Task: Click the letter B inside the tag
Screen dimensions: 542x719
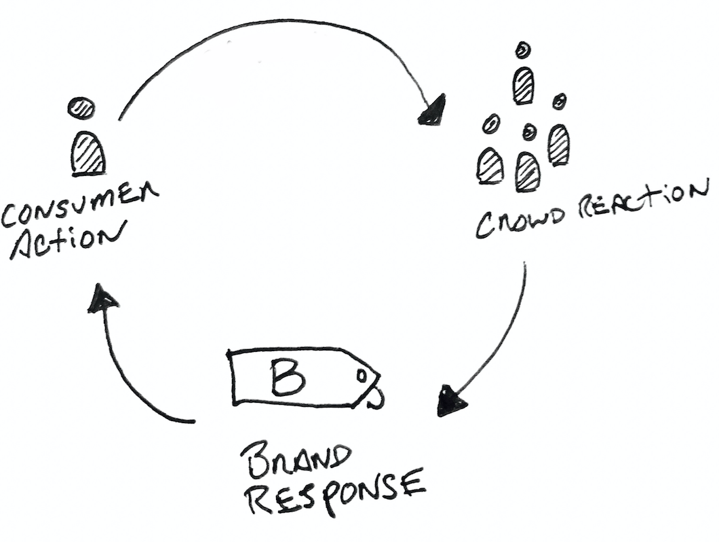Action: pyautogui.click(x=288, y=378)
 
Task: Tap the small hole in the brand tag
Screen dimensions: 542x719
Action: pyautogui.click(x=363, y=375)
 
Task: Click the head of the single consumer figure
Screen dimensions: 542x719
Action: pyautogui.click(x=81, y=108)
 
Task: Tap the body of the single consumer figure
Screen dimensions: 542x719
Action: pyautogui.click(x=88, y=154)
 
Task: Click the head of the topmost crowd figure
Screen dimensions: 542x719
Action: pyautogui.click(x=522, y=50)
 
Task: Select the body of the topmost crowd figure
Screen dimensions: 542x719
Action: pyautogui.click(x=523, y=86)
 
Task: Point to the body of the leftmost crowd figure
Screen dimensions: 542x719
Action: pyautogui.click(x=490, y=166)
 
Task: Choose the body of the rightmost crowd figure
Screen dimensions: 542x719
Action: pyautogui.click(x=558, y=145)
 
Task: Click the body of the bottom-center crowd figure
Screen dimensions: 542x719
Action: pyautogui.click(x=527, y=172)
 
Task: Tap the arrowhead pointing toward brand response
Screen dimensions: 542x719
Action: pyautogui.click(x=450, y=402)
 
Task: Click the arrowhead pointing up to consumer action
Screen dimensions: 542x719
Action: pyautogui.click(x=102, y=299)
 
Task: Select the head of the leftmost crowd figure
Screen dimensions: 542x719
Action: pyautogui.click(x=491, y=124)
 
